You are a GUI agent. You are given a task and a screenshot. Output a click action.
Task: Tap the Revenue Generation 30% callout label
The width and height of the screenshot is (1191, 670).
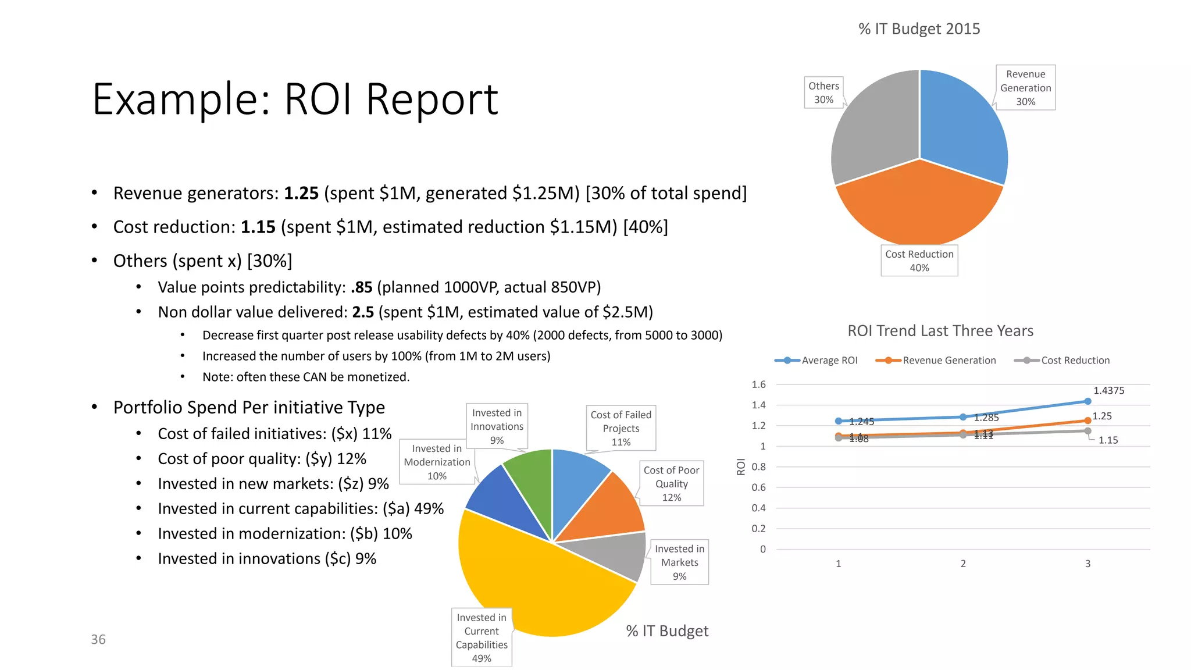tap(1025, 88)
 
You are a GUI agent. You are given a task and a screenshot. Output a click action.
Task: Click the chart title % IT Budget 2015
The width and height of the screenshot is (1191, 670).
tap(919, 29)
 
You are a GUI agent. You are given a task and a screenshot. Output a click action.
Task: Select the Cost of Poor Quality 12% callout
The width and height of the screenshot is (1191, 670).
tap(671, 483)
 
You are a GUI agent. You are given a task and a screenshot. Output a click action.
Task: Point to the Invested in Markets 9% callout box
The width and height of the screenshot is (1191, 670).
tap(679, 562)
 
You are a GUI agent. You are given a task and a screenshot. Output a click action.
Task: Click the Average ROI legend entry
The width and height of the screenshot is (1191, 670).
tap(816, 361)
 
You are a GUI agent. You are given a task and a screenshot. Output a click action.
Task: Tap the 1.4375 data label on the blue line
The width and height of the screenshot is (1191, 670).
tap(1108, 391)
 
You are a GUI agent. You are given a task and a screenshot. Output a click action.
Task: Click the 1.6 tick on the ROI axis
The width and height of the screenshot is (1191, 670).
tap(758, 384)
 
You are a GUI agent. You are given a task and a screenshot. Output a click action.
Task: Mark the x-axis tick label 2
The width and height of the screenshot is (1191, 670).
tap(963, 564)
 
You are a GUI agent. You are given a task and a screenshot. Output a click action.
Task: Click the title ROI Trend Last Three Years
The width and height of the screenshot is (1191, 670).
tap(940, 331)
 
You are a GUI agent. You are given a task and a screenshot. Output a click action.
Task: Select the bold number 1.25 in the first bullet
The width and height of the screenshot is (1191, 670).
tap(301, 193)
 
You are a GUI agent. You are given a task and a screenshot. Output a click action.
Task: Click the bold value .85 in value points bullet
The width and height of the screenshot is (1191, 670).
tap(362, 287)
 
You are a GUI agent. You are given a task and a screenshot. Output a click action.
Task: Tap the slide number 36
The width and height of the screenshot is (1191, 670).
tap(98, 640)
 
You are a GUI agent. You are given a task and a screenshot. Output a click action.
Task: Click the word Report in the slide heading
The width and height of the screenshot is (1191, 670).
tap(432, 99)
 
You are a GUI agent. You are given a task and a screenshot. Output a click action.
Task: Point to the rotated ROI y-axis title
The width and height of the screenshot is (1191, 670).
tap(741, 466)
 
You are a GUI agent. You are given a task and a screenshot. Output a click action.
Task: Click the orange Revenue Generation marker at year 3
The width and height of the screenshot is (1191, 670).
tap(1087, 420)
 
